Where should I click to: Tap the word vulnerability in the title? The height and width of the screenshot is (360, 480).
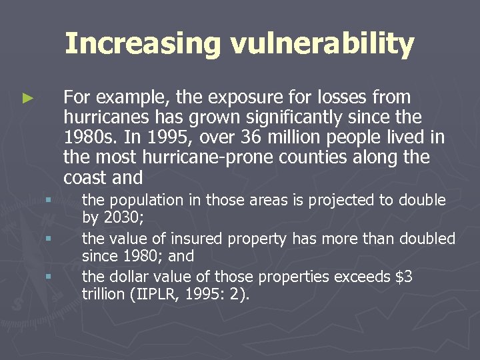[322, 44]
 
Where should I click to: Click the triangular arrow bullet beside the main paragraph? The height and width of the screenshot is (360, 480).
[27, 98]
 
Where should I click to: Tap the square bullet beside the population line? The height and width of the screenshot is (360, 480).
[48, 201]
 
